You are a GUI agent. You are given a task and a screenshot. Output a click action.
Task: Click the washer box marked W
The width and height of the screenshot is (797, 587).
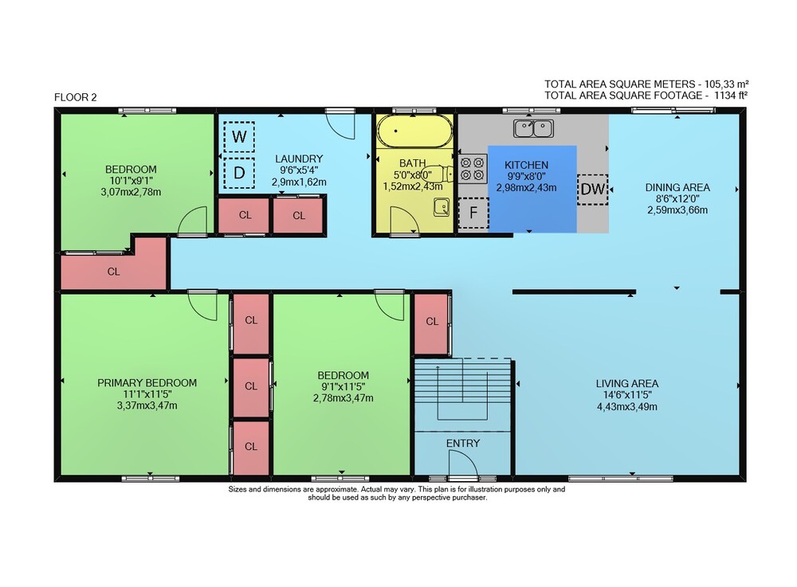239,136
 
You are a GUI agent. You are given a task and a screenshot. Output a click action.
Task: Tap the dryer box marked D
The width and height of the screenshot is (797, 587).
239,173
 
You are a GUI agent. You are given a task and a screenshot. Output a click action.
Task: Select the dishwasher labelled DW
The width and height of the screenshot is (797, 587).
593,190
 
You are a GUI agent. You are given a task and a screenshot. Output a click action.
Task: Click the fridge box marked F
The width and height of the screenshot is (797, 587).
473,213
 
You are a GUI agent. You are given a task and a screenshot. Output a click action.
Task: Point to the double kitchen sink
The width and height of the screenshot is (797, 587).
533,128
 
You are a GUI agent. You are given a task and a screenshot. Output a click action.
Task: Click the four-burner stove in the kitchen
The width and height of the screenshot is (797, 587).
472,169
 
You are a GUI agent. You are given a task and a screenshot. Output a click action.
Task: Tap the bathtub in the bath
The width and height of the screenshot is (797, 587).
414,131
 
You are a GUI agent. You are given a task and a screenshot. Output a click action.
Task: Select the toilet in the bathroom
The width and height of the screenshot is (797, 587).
438,174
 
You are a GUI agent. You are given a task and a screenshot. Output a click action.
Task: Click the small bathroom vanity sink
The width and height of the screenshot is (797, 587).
442,207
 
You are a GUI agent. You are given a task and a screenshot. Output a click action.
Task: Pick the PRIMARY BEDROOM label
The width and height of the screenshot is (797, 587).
147,383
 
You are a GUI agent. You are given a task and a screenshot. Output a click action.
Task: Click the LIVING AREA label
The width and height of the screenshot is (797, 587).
626,383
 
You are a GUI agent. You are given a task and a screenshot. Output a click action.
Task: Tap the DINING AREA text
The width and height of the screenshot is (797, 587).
677,187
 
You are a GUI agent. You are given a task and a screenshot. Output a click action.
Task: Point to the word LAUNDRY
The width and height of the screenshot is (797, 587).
299,158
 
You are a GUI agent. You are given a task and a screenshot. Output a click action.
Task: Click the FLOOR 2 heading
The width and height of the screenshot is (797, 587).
75,97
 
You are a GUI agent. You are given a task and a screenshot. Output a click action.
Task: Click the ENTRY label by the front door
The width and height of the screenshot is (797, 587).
462,444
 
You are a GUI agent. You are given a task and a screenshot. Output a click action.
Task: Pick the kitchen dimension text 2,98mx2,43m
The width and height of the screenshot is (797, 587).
526,187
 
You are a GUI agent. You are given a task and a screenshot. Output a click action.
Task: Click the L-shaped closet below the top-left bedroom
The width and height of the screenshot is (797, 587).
114,272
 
